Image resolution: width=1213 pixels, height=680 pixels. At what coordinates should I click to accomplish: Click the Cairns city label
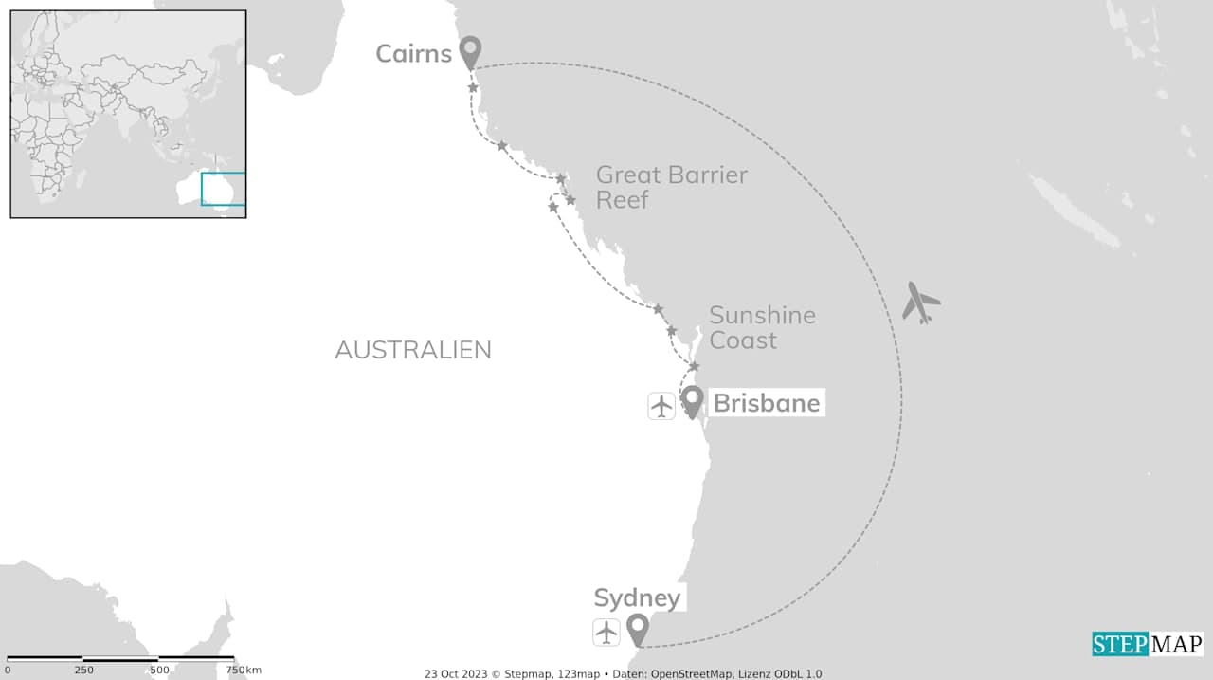[413, 53]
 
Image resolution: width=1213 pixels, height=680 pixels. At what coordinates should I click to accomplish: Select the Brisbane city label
[766, 403]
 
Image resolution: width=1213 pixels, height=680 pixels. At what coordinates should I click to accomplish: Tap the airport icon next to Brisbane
[661, 405]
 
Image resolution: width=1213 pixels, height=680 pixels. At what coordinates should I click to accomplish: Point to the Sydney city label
[637, 598]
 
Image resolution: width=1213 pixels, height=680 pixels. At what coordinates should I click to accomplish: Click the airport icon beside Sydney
[606, 632]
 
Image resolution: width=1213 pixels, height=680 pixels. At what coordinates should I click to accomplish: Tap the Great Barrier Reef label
[671, 187]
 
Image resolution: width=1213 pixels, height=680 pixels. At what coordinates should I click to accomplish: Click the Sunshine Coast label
[762, 327]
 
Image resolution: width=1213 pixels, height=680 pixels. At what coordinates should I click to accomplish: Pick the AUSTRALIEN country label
[413, 350]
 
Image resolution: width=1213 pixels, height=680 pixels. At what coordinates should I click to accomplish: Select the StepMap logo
[1147, 644]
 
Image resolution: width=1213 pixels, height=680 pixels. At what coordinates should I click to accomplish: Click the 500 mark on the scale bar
[159, 670]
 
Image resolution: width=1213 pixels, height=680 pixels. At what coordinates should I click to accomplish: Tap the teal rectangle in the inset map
[224, 188]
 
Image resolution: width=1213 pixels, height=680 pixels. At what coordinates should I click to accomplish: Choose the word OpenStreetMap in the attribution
[690, 674]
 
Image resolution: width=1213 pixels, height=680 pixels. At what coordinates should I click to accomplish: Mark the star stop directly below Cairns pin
[473, 88]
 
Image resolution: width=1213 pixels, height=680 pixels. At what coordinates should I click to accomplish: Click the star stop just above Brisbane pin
[694, 366]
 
